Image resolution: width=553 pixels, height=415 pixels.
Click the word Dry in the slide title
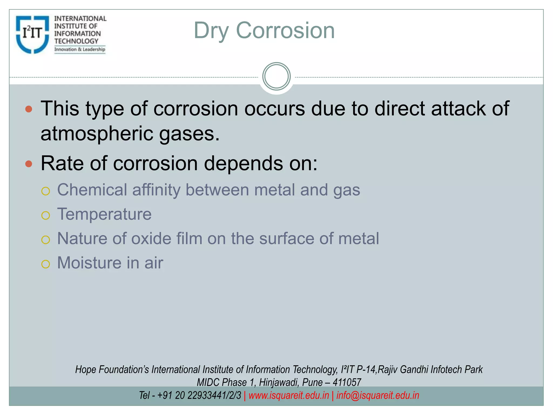tap(211, 31)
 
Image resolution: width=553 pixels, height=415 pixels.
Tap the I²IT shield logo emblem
tap(32, 34)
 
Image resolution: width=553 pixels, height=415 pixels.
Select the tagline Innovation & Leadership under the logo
tap(80, 49)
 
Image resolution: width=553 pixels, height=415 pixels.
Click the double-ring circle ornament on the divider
tap(276, 76)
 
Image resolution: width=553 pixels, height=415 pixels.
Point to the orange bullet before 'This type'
tap(29, 109)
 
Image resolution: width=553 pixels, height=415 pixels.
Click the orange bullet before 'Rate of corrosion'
tap(29, 164)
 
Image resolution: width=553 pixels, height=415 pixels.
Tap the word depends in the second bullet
tap(243, 163)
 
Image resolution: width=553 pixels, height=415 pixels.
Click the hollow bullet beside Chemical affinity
tap(46, 191)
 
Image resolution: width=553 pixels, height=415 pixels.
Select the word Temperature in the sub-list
tap(104, 214)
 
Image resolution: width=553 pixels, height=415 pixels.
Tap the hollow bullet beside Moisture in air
tap(46, 264)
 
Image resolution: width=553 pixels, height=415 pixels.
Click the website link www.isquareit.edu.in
tap(289, 395)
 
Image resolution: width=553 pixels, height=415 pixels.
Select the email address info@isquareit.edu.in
tap(377, 395)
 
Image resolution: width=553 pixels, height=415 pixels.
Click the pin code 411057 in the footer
tap(347, 382)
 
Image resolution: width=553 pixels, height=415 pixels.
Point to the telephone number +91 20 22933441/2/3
tap(199, 395)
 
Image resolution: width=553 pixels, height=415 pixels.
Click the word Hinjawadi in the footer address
tap(278, 382)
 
